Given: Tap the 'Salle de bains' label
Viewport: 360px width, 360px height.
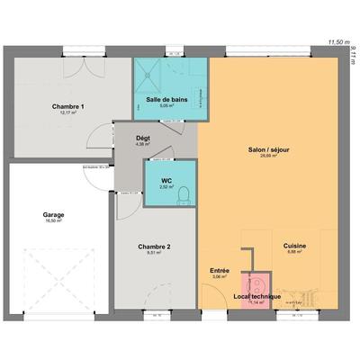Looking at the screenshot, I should coord(165,98).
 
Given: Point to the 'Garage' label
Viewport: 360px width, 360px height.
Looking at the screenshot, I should coord(53,214).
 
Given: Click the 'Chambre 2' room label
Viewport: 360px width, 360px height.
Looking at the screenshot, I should coord(154,247).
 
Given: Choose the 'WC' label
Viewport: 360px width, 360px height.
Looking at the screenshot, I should coord(166,180).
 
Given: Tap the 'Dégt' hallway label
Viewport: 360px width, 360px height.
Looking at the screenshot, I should coord(142,138).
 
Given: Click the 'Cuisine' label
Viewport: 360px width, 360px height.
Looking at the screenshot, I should coord(294,246).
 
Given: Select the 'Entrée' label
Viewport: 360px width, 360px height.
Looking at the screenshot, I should coord(220,270).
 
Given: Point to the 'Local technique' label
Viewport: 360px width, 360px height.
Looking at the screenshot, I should coord(257,296).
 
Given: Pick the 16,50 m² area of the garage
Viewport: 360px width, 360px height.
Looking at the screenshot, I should coord(53,220).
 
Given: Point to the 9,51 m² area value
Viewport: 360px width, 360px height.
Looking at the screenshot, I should coord(154,253).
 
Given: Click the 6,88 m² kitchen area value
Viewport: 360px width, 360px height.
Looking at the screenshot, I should coord(294,252).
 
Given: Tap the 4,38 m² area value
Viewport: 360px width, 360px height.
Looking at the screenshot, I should coord(142,144).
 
